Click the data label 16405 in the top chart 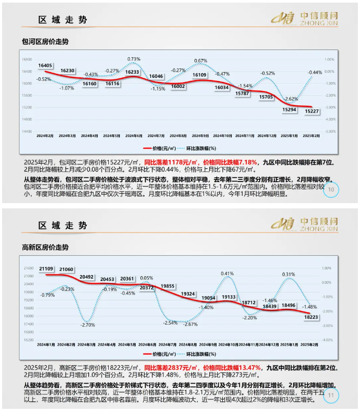[x=45, y=65]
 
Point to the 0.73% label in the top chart [x=133, y=59]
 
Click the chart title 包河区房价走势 [x=45, y=41]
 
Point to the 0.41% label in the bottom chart [x=227, y=274]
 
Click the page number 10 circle [x=331, y=189]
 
